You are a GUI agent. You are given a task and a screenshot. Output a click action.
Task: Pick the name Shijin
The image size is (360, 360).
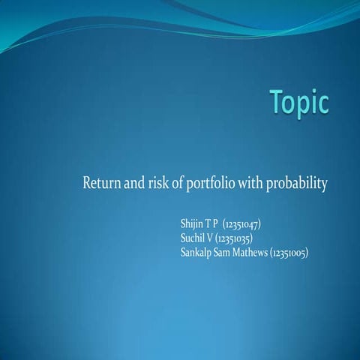tap(192, 224)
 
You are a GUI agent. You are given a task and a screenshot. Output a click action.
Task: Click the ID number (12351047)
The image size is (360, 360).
tap(241, 224)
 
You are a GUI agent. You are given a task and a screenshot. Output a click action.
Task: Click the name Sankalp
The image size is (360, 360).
tap(199, 252)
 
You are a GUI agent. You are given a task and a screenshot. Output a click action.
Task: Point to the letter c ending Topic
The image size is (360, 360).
tap(323, 106)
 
